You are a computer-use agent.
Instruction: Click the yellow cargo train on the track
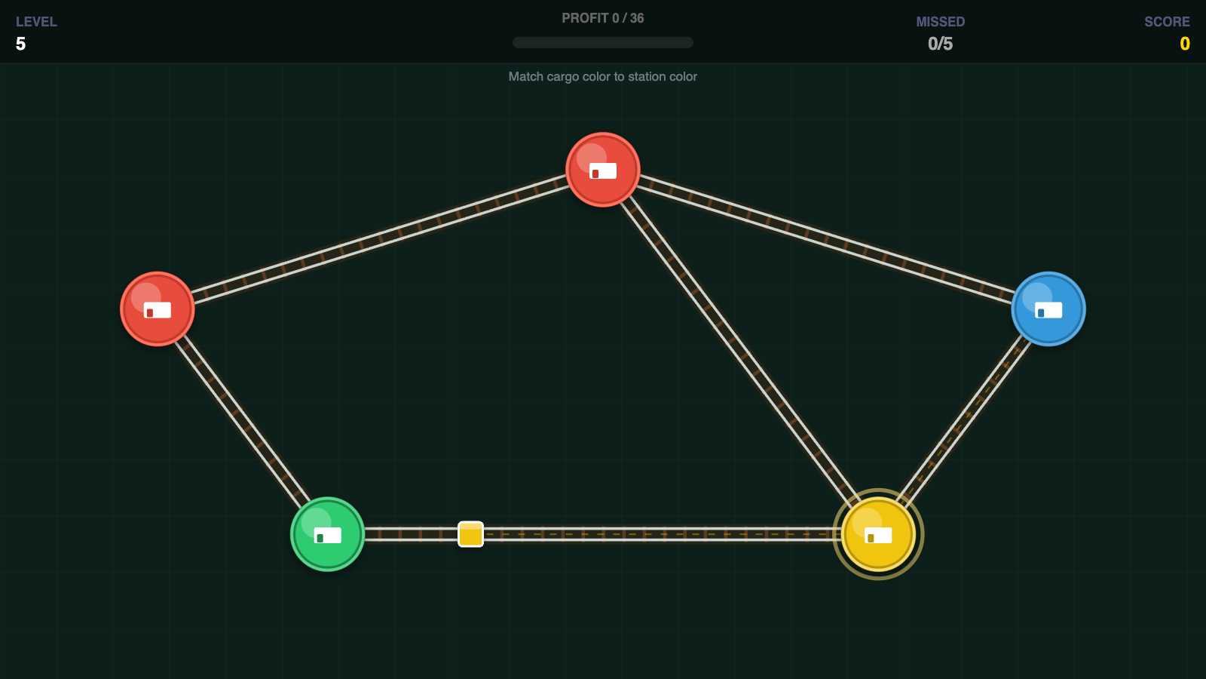[x=470, y=534]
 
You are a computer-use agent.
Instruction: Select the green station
[x=327, y=534]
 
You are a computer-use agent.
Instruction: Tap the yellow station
[x=878, y=534]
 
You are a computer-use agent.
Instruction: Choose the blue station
[x=1048, y=309]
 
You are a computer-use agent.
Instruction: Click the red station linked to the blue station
[x=603, y=170]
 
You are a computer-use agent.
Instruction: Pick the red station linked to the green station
[x=158, y=309]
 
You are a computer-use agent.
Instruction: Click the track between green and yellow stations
[x=602, y=534]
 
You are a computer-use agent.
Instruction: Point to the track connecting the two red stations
[x=380, y=239]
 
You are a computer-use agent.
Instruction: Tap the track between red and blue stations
[x=825, y=239]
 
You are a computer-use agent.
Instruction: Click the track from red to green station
[x=242, y=422]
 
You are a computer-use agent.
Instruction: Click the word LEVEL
[x=36, y=22]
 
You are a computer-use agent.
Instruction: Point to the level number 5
[x=20, y=44]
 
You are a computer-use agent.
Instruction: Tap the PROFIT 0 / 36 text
[x=602, y=18]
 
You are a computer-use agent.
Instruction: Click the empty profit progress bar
[x=602, y=42]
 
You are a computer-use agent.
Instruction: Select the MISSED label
[x=940, y=22]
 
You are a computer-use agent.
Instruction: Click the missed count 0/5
[x=940, y=44]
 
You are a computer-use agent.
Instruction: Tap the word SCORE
[x=1167, y=22]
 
